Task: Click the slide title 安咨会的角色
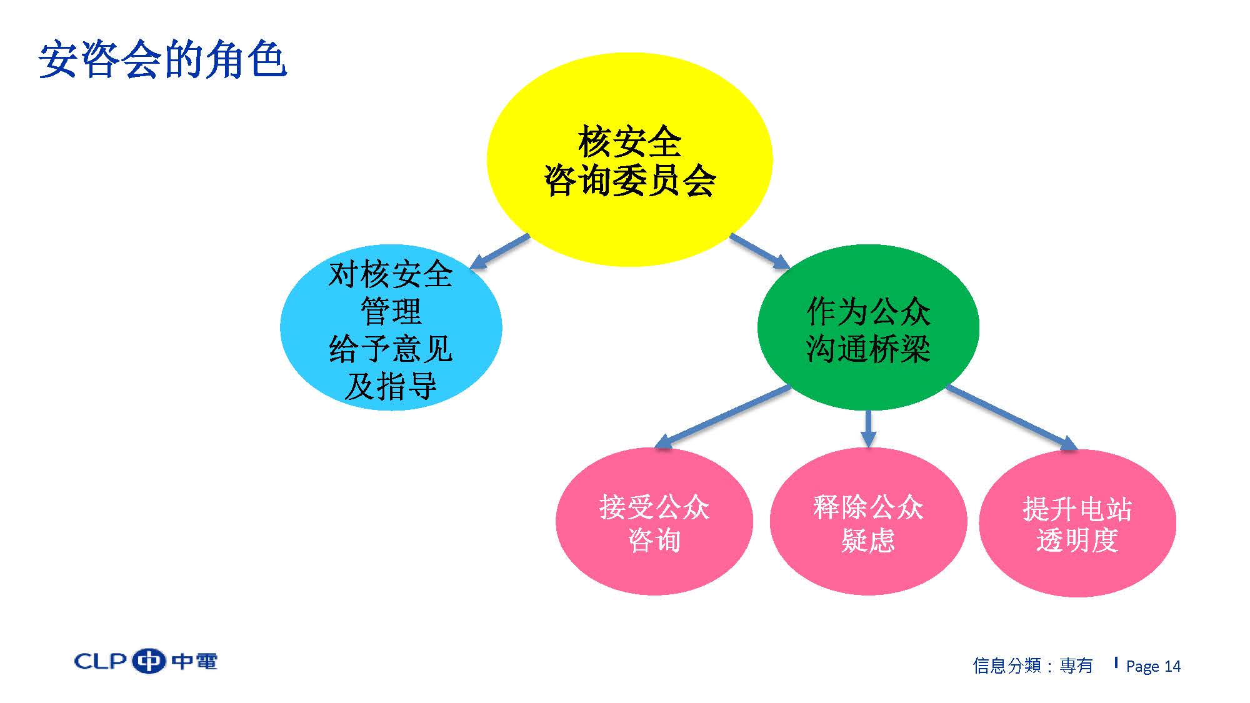162,61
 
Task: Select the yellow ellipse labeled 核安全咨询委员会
629,159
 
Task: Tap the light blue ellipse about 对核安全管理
391,327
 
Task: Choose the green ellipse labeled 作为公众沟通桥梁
868,327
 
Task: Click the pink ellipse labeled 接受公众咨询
654,521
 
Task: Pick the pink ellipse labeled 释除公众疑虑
868,521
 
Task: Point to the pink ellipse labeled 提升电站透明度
1077,522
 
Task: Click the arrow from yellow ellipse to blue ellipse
499,252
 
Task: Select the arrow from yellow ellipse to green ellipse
760,252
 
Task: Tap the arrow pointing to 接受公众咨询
722,417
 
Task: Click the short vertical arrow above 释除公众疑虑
868,429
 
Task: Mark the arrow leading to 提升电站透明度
1012,417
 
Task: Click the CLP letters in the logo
101,661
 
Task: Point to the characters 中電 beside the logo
194,661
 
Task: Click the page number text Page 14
1153,666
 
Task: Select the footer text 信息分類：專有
1033,666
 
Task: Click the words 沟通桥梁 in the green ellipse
868,348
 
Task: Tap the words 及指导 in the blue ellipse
391,386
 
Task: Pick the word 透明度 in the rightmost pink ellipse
1077,540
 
